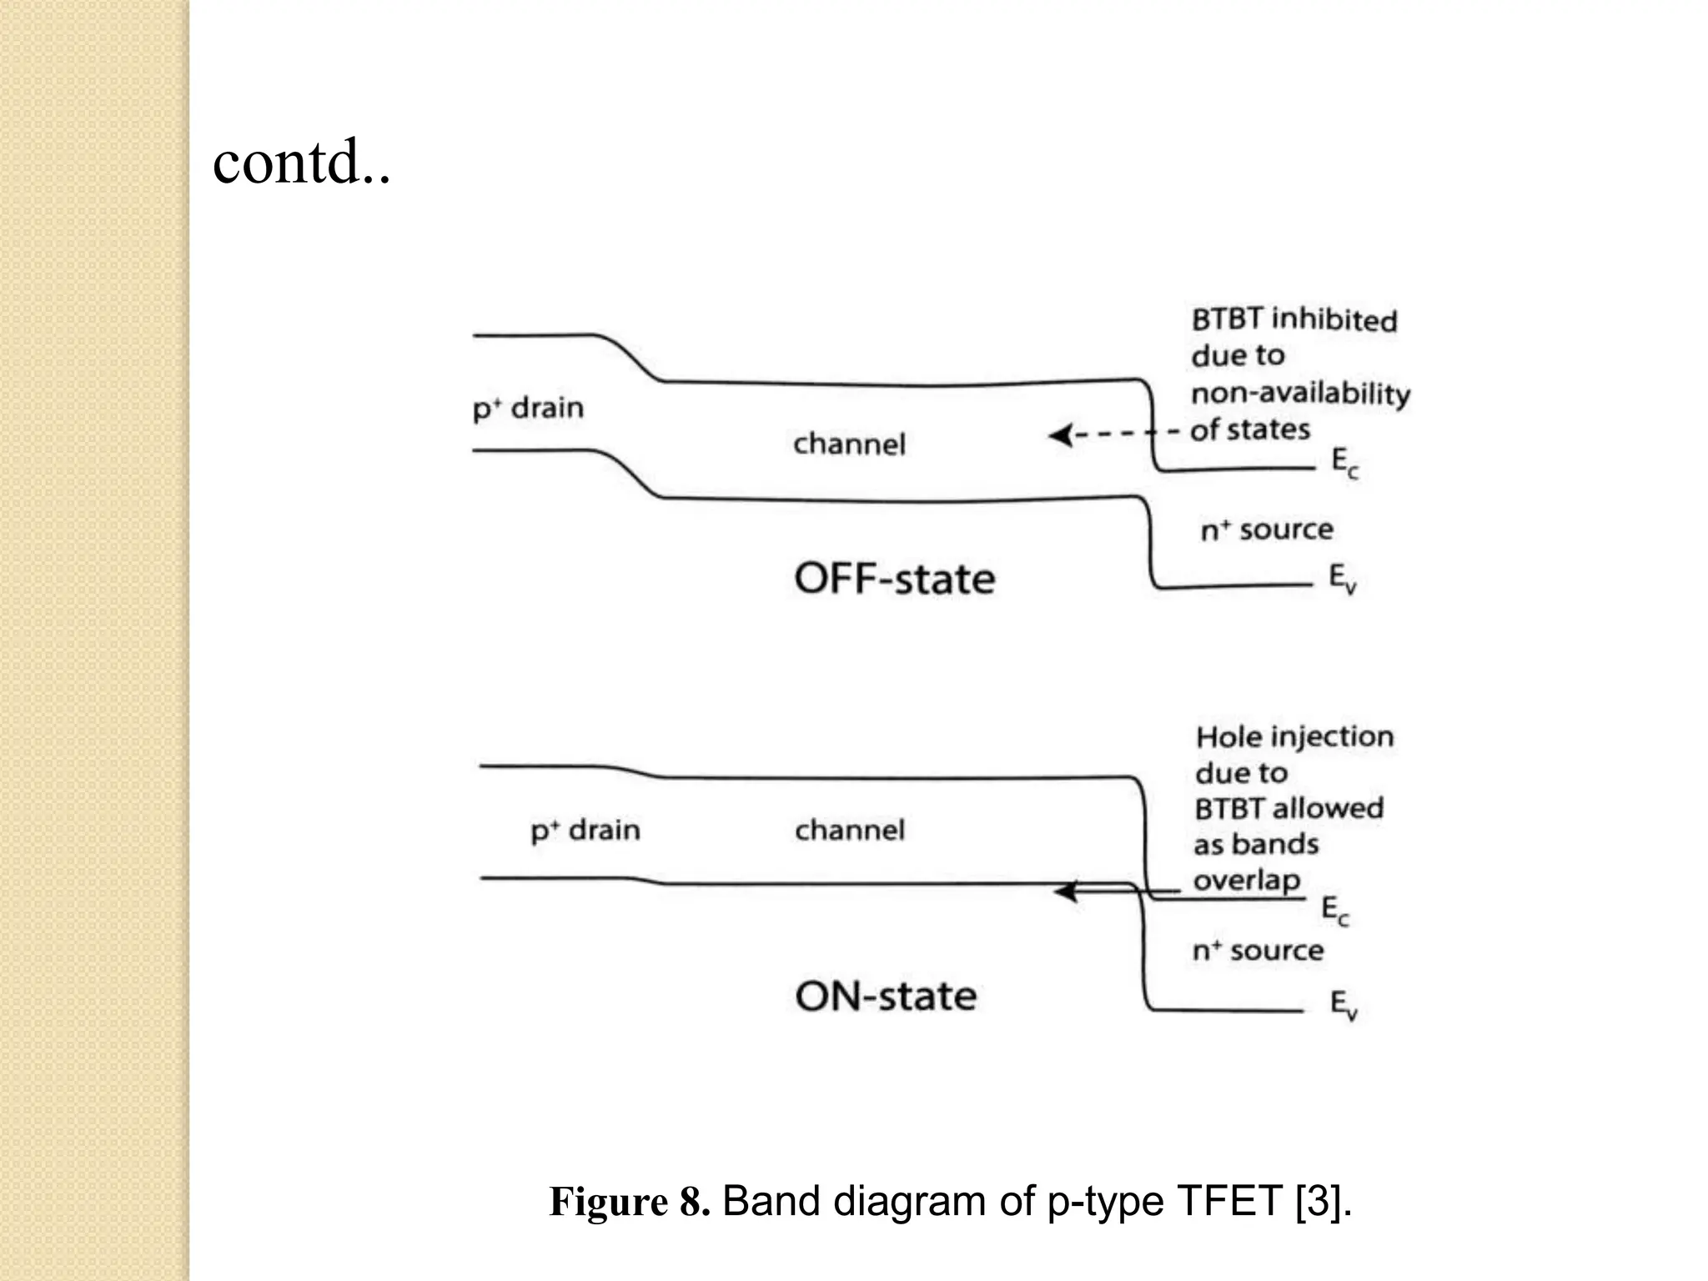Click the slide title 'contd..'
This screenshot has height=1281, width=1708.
tap(301, 162)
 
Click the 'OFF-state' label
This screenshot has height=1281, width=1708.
tap(894, 579)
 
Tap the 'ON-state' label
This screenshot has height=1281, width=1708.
tap(886, 996)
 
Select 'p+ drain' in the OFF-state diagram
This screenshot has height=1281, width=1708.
tap(528, 409)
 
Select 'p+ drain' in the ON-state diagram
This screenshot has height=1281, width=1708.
tap(585, 831)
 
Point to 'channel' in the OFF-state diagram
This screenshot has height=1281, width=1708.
tap(849, 444)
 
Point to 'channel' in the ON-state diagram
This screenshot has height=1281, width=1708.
tap(849, 830)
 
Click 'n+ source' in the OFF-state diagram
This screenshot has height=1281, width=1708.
tap(1266, 530)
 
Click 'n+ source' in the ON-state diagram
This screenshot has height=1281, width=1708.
tap(1258, 951)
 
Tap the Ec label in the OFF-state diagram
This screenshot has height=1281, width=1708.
tap(1344, 463)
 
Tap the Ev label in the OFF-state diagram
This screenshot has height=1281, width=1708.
tap(1342, 579)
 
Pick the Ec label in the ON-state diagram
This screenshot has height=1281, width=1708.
tap(1334, 910)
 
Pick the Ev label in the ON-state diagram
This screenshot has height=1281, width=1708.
tap(1343, 1005)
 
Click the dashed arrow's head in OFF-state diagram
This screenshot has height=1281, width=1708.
tap(1059, 435)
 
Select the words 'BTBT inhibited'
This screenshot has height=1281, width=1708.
tap(1294, 319)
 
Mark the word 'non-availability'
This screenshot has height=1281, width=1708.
tap(1300, 393)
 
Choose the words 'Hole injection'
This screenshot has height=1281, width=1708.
tap(1294, 736)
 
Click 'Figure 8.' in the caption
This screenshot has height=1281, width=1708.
tap(629, 1202)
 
